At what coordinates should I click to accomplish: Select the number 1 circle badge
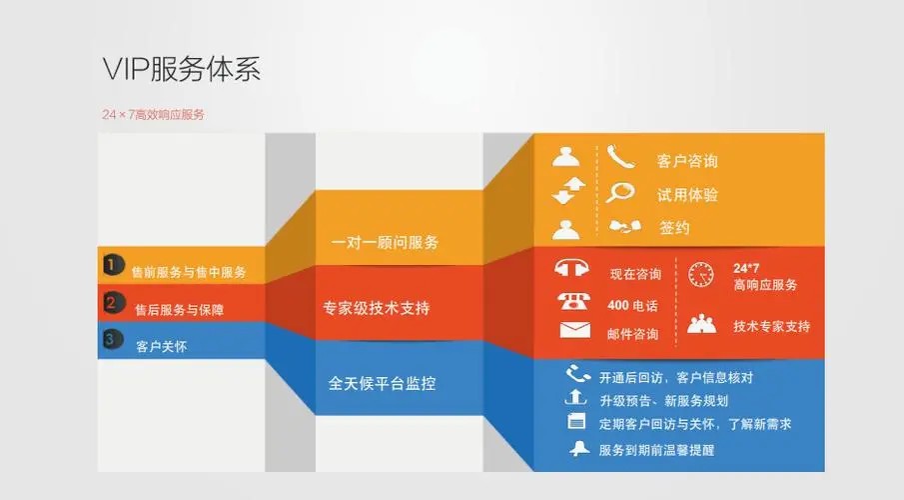(113, 266)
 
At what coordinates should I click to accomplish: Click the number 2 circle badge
(113, 302)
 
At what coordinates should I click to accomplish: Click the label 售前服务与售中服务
(189, 271)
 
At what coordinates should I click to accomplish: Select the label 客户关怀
(161, 346)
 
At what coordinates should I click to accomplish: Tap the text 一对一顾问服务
(385, 242)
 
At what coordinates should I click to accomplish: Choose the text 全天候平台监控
(382, 383)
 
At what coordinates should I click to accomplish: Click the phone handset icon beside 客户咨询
(620, 157)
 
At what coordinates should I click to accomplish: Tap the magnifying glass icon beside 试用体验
(620, 193)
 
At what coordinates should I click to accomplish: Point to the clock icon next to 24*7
(701, 274)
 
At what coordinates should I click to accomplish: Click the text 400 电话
(632, 304)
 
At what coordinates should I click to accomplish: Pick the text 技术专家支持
(771, 326)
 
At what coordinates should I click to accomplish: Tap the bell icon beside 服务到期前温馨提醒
(576, 449)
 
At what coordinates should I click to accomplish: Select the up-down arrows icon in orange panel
(565, 191)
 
